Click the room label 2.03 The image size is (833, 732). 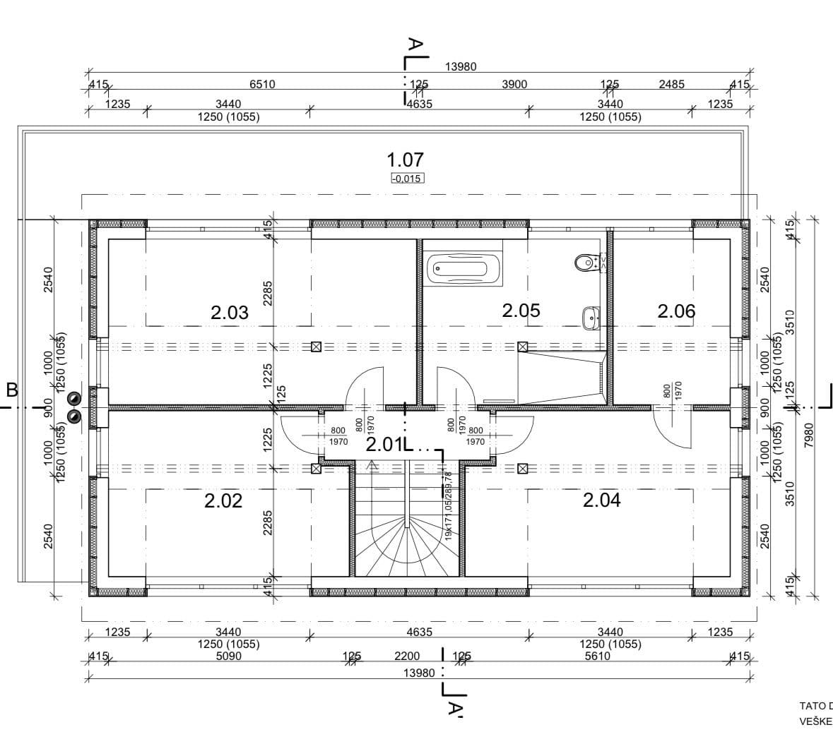point(230,312)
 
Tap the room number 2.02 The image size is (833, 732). point(223,500)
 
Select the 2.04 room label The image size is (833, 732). point(601,500)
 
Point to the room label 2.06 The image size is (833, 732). point(676,311)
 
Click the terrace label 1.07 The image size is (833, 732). point(406,160)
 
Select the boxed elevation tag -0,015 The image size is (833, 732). point(407,178)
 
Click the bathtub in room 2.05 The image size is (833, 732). point(464,270)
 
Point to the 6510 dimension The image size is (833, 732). point(262,84)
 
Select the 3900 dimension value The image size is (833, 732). point(514,84)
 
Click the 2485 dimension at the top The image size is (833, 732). point(671,84)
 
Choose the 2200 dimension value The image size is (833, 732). point(407,656)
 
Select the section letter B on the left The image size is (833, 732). point(11,390)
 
